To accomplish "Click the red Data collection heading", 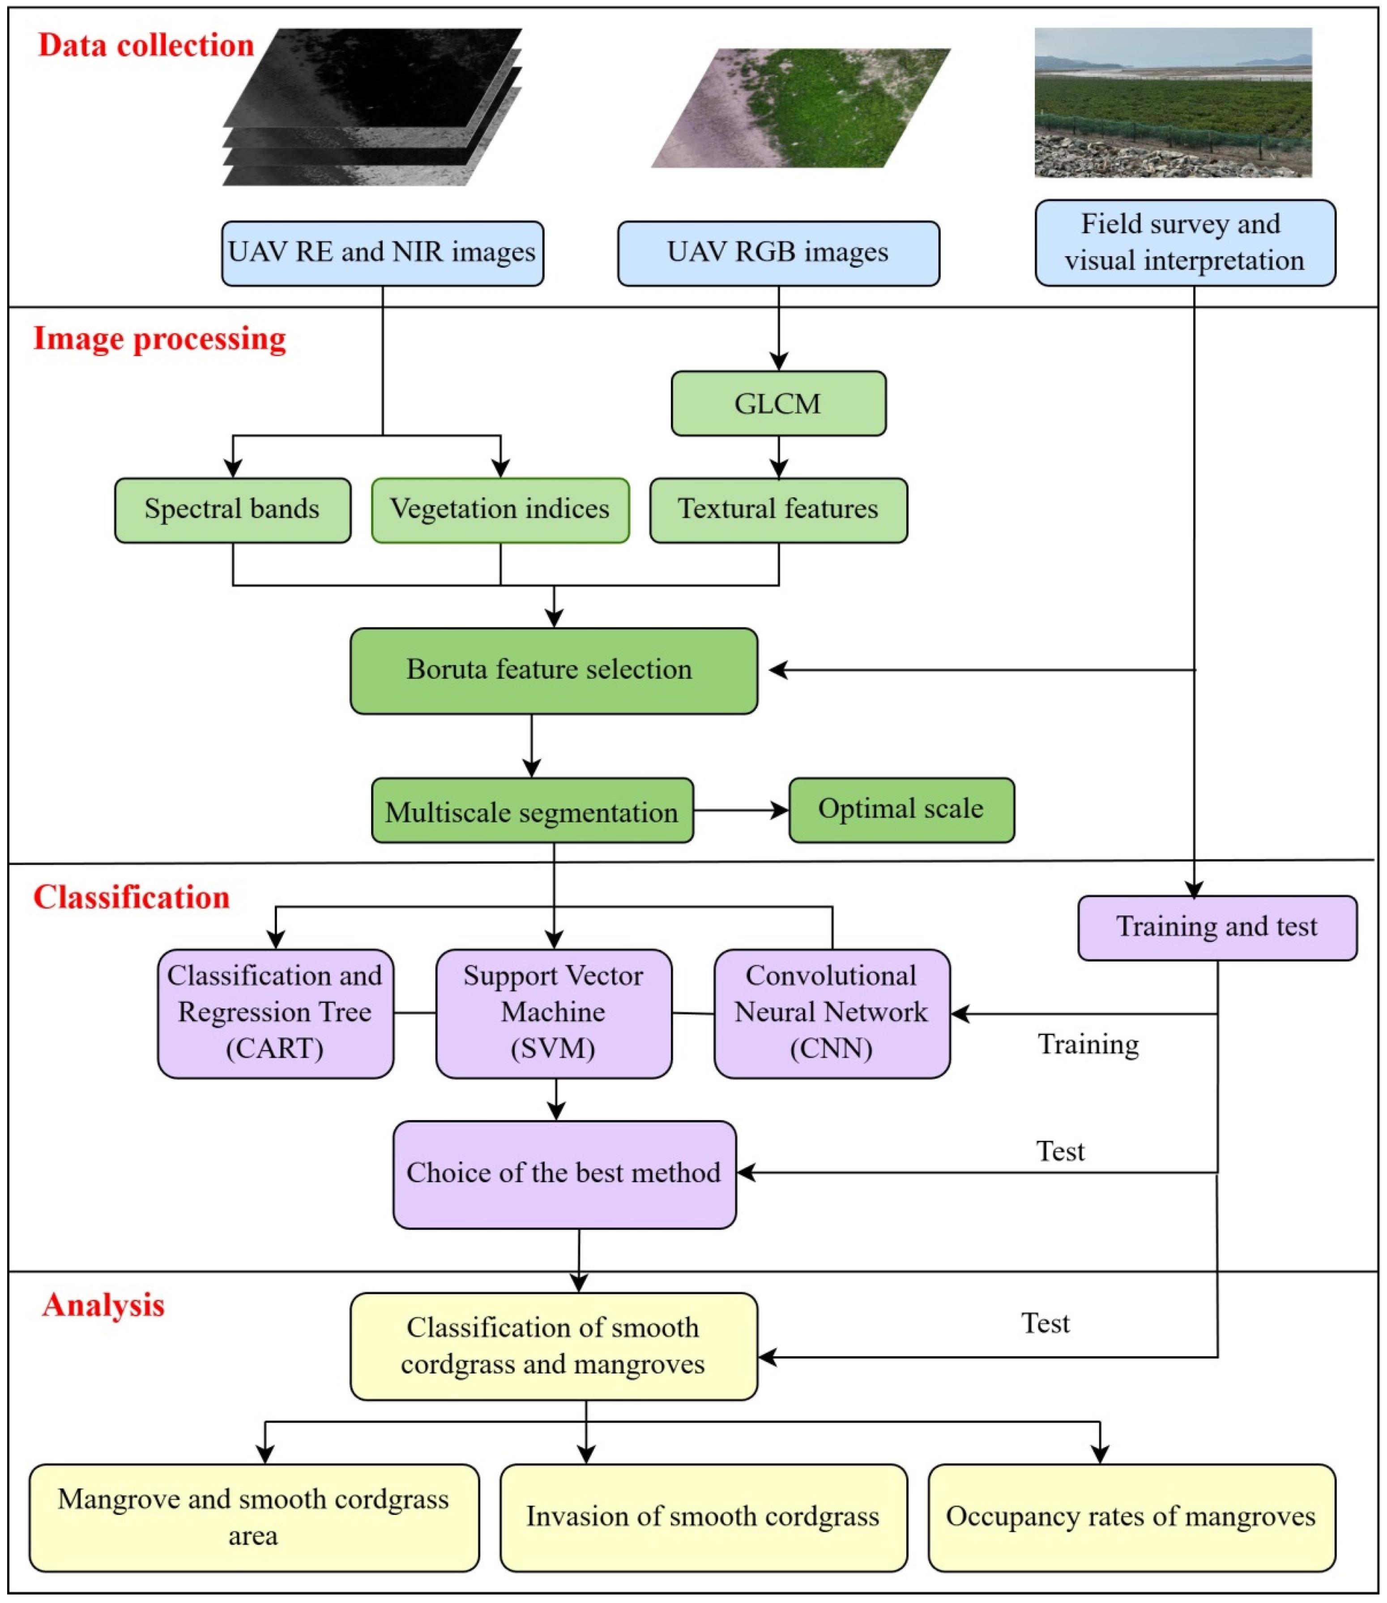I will tap(146, 45).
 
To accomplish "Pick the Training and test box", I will tap(1217, 927).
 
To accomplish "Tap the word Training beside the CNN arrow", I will tap(1088, 1044).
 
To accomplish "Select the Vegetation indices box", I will tap(500, 510).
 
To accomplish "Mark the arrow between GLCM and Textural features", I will tap(779, 457).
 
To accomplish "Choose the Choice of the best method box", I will tap(564, 1174).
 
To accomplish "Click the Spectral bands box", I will tap(232, 510).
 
